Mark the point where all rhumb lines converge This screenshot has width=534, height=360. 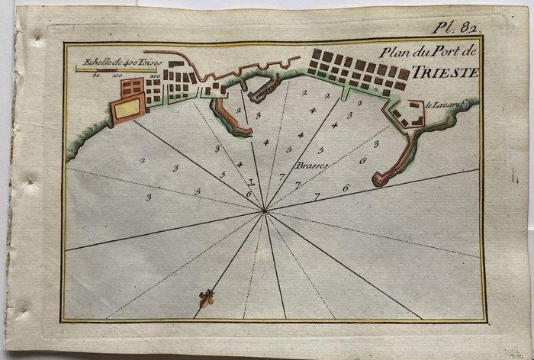pyautogui.click(x=265, y=210)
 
